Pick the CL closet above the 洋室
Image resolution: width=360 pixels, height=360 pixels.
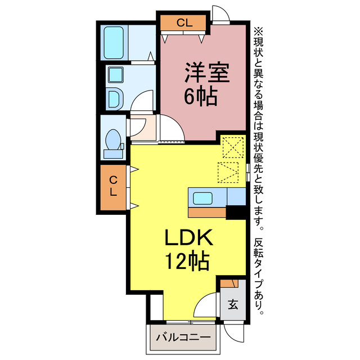pyautogui.click(x=183, y=23)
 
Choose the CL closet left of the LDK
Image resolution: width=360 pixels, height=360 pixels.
pyautogui.click(x=114, y=186)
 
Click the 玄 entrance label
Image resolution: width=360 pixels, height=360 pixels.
pyautogui.click(x=233, y=305)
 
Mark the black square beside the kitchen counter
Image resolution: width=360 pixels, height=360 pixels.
pyautogui.click(x=236, y=213)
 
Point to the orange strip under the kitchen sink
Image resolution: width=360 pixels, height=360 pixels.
pyautogui.click(x=208, y=213)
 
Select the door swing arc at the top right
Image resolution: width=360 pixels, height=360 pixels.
pyautogui.click(x=220, y=13)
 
